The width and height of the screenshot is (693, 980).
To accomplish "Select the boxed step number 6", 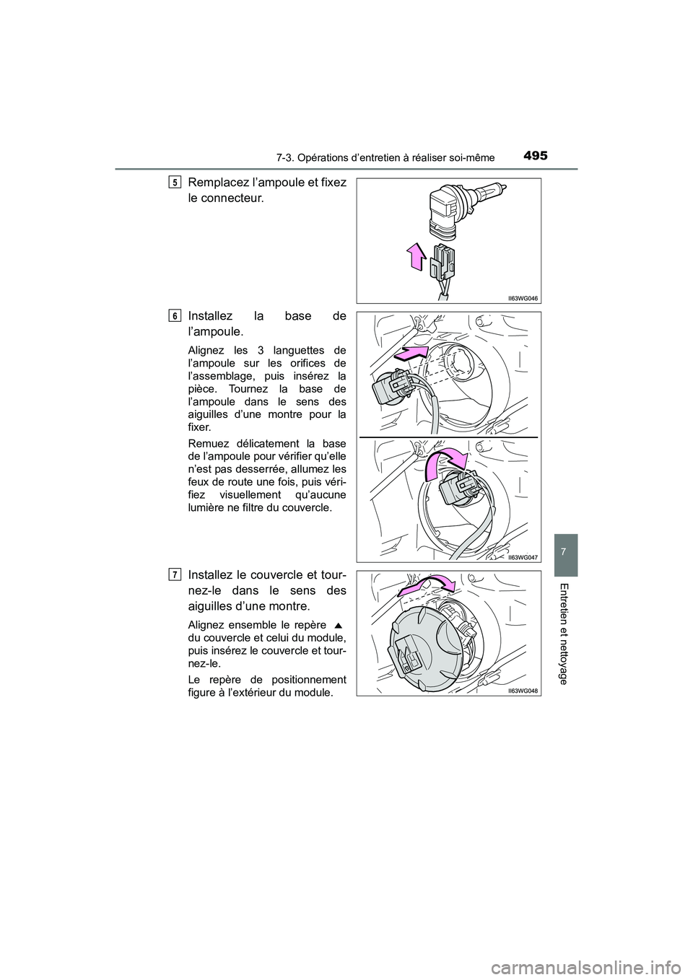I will [176, 315].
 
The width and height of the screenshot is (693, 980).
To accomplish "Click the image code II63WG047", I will [523, 556].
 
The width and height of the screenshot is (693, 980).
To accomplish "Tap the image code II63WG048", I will [523, 690].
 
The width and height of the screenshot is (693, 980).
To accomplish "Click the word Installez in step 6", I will [210, 315].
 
